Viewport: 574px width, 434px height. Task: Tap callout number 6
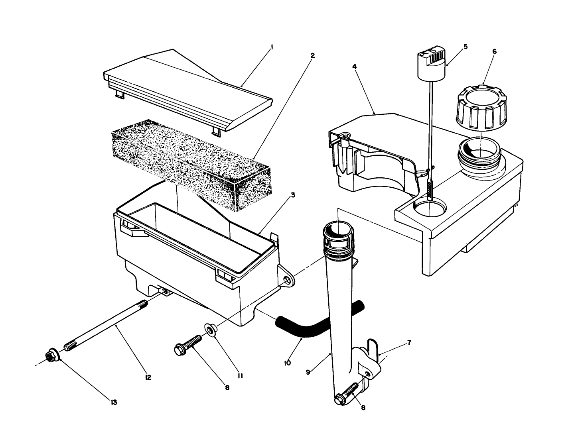click(x=494, y=51)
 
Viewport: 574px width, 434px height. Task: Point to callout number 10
click(x=287, y=363)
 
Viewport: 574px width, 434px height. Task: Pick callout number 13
click(x=114, y=402)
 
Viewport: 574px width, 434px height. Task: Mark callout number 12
click(x=148, y=377)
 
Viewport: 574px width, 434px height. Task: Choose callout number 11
click(x=241, y=375)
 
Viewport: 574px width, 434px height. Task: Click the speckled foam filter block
click(x=191, y=163)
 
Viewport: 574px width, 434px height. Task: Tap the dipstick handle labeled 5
click(x=431, y=62)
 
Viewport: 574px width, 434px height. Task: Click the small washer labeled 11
click(x=209, y=328)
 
